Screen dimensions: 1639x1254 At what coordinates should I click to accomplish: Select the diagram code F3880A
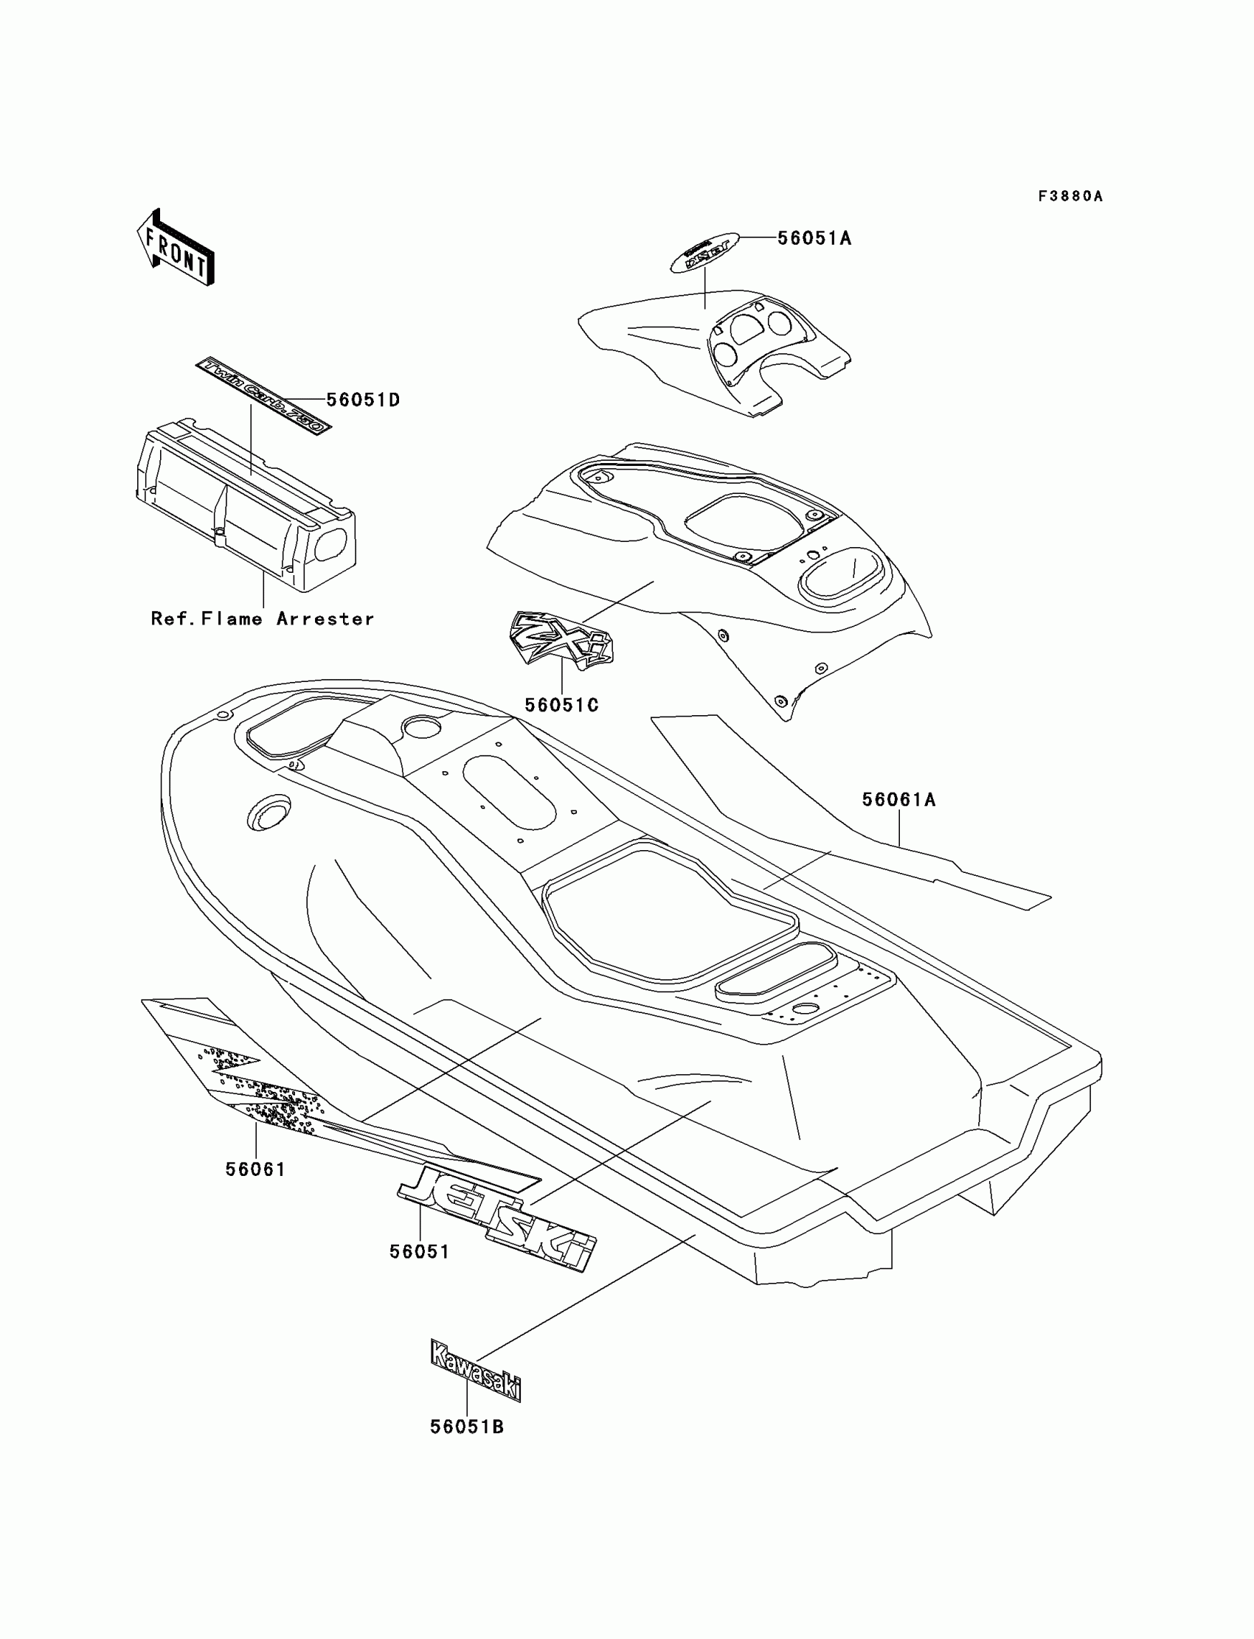(x=1070, y=196)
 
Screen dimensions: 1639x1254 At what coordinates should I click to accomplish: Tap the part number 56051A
(x=814, y=238)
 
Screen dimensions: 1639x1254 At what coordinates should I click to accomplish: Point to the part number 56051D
(x=364, y=400)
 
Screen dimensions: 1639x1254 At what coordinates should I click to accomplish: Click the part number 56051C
(x=561, y=705)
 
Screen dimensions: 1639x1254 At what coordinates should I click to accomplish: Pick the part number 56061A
(x=898, y=800)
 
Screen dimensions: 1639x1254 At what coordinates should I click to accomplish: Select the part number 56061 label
(x=255, y=1169)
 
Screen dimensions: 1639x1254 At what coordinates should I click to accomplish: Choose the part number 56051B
(x=466, y=1427)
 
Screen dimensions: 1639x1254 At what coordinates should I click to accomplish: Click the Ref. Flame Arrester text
(x=262, y=619)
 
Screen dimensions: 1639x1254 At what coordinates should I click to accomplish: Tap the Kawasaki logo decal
(x=476, y=1371)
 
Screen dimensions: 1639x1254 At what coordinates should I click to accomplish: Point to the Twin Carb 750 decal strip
(x=262, y=395)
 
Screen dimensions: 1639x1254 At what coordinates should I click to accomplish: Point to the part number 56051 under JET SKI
(x=420, y=1252)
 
